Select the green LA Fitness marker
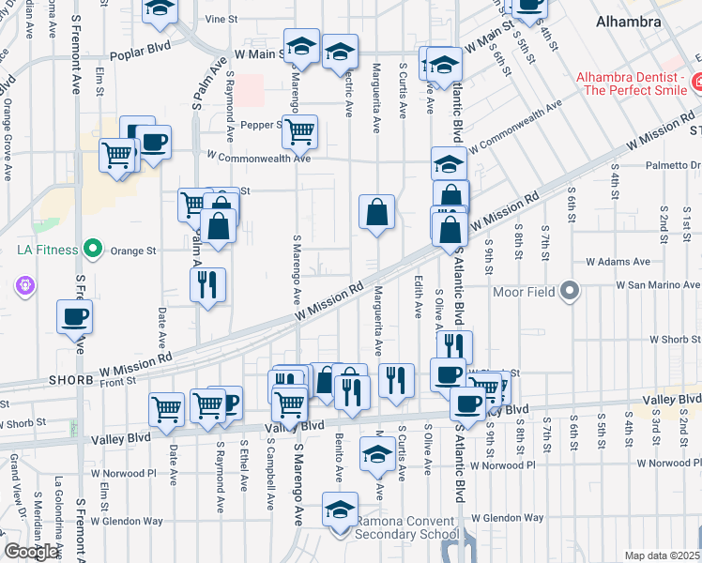[92, 250]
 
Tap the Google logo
[31, 552]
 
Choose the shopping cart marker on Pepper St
[299, 132]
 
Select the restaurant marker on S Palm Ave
[207, 285]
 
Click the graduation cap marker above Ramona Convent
[339, 509]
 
